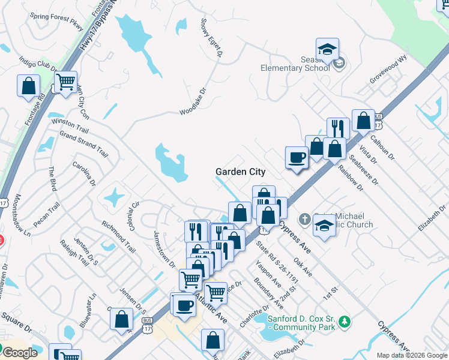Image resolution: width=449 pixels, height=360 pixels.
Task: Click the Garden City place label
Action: (240, 172)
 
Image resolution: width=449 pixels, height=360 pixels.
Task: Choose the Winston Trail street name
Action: (70, 125)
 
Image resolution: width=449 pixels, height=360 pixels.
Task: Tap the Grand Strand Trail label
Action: (83, 144)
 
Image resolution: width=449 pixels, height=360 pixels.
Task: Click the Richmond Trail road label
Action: (118, 236)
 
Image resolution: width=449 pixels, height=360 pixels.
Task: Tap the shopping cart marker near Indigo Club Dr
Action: (65, 82)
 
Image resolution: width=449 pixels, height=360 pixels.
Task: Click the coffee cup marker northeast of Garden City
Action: (297, 157)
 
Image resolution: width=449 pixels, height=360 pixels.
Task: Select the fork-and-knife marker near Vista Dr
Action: (338, 128)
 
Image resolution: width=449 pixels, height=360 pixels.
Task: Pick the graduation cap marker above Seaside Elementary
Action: (327, 49)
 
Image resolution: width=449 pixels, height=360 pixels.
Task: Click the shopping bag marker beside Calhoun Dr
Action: (363, 121)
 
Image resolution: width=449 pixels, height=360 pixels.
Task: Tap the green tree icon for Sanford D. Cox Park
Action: (345, 322)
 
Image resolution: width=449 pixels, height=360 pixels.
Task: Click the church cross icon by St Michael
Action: (304, 219)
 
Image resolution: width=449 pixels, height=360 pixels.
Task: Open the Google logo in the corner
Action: (20, 353)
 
